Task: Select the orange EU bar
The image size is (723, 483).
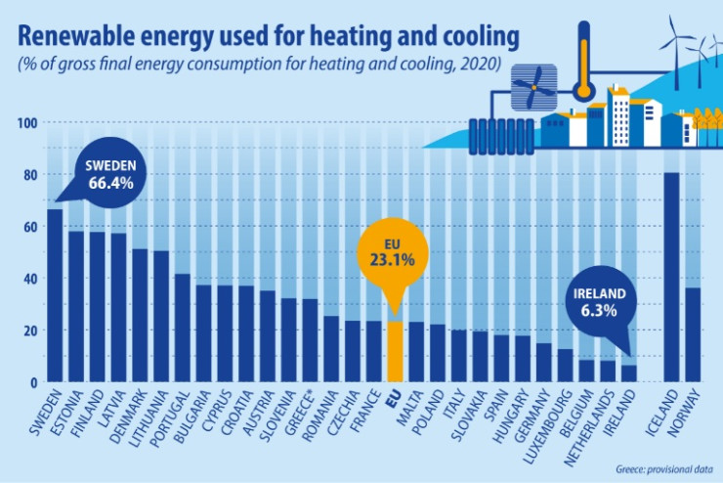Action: click(x=395, y=352)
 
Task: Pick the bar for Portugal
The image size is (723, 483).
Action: click(x=183, y=329)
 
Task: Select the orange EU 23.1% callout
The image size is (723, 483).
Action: click(x=395, y=253)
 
